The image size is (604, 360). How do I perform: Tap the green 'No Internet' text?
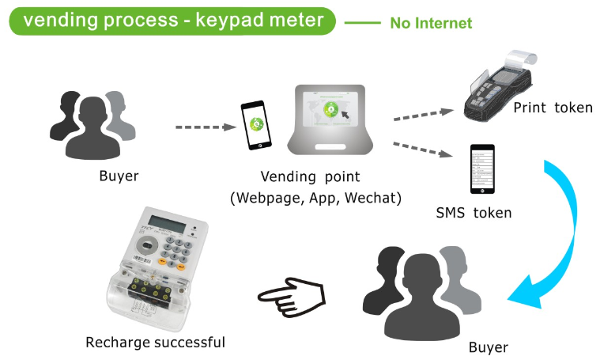point(431,23)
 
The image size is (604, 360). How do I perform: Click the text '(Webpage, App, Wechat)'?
point(315,198)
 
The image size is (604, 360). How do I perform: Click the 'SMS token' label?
point(474,213)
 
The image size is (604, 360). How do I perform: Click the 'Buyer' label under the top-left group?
point(119,176)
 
